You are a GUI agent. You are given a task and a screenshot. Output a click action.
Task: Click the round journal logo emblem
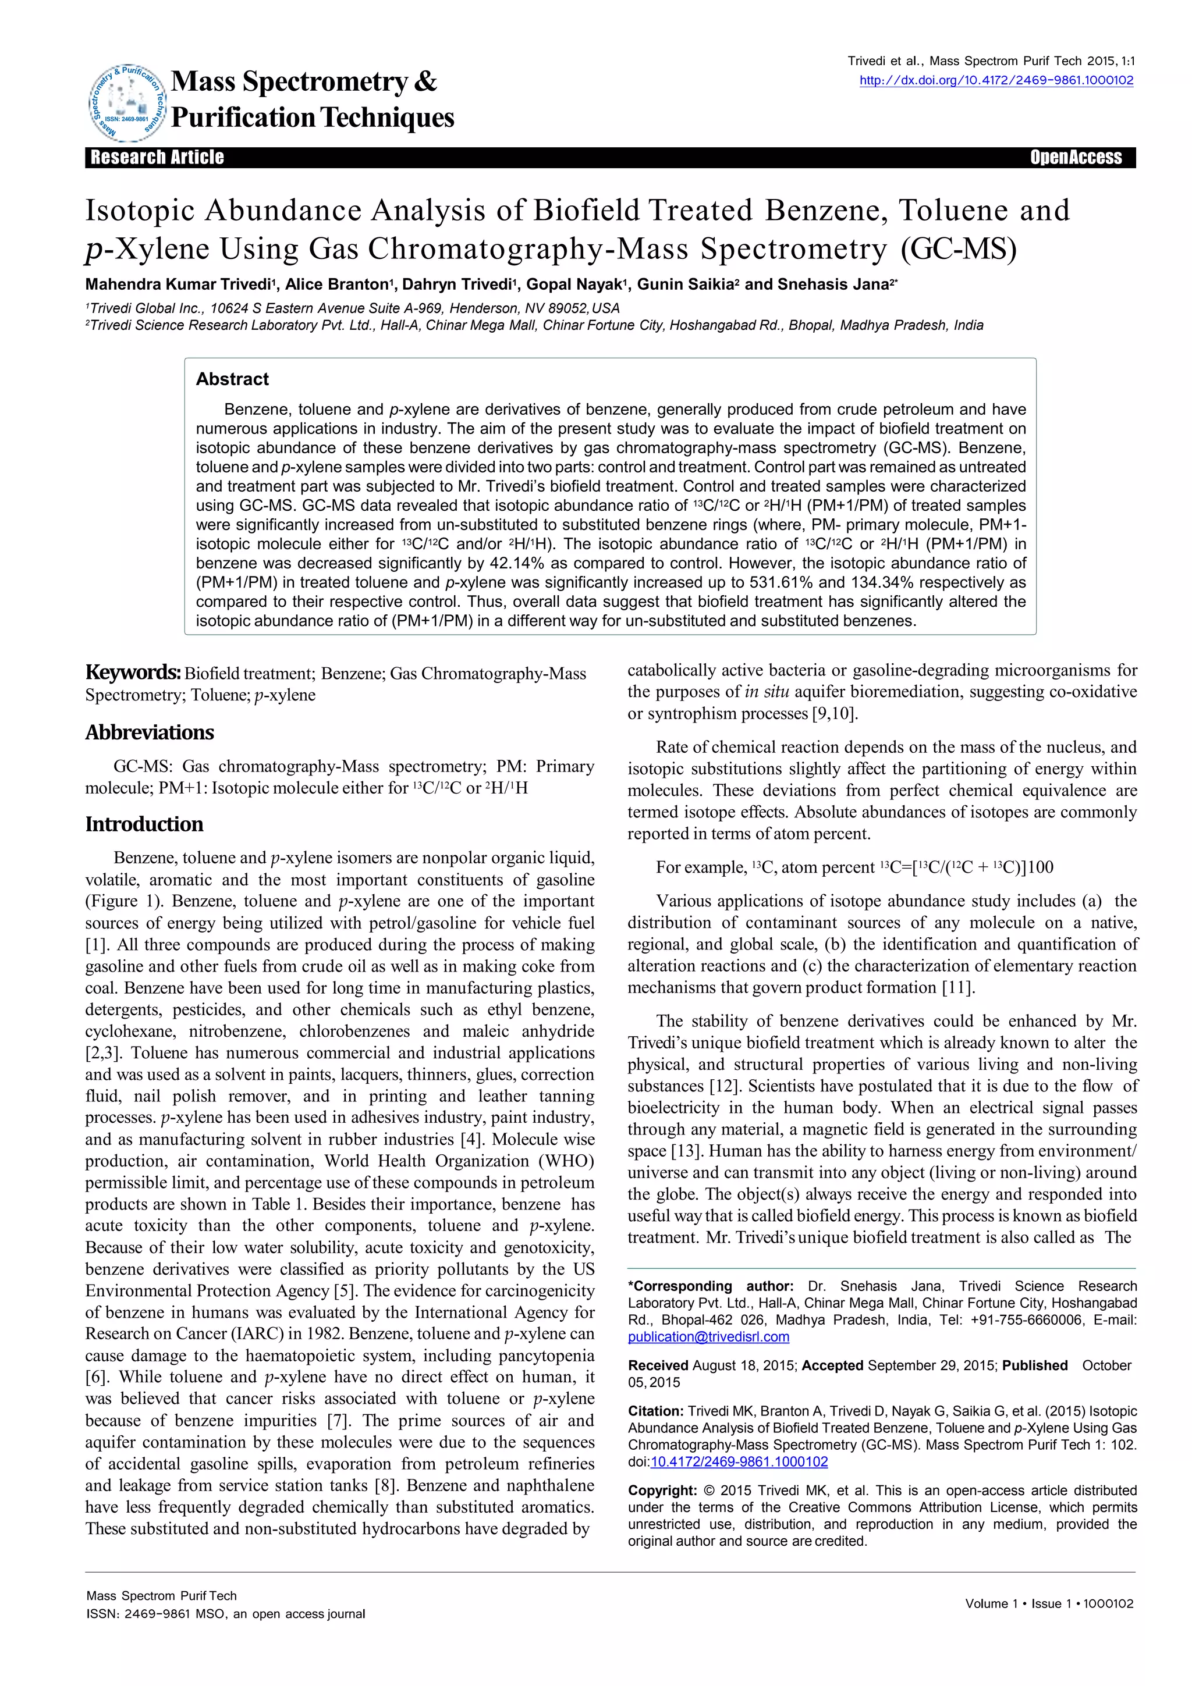point(126,102)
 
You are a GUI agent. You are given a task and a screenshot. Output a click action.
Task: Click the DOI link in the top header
point(996,81)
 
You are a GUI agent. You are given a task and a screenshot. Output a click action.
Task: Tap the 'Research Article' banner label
point(157,157)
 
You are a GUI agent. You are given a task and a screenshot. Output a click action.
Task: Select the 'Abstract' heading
point(232,379)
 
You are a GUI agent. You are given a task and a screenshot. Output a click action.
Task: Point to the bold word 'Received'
point(657,1365)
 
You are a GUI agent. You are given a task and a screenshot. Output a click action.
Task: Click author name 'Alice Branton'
point(336,285)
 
